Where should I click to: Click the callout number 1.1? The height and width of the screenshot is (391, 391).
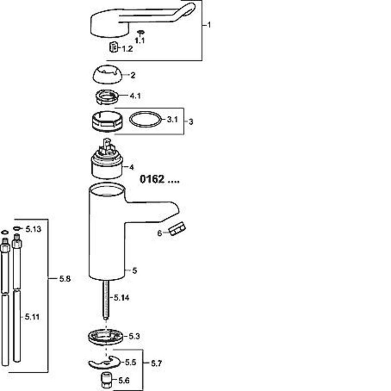click(x=140, y=40)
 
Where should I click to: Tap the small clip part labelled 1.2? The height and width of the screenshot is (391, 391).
click(x=113, y=47)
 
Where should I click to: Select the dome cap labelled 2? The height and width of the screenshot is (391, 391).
click(x=107, y=74)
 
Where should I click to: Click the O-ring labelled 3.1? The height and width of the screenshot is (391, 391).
click(x=145, y=120)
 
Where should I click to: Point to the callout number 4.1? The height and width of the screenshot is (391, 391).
click(x=135, y=96)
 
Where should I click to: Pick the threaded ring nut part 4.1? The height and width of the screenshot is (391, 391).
click(x=107, y=97)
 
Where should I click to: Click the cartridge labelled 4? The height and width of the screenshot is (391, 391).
click(x=107, y=159)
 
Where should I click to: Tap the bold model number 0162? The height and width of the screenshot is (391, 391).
click(x=152, y=179)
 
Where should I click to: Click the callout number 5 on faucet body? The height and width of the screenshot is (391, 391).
click(x=135, y=271)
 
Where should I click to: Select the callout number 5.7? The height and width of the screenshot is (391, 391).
click(x=157, y=364)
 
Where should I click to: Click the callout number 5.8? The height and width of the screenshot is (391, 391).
click(x=65, y=278)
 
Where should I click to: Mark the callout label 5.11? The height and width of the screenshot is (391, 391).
click(x=32, y=317)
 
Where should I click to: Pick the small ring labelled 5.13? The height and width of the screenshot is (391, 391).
click(x=16, y=228)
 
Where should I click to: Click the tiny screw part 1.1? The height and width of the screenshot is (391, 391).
click(x=141, y=32)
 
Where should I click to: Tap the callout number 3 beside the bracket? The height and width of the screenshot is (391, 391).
click(x=191, y=122)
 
